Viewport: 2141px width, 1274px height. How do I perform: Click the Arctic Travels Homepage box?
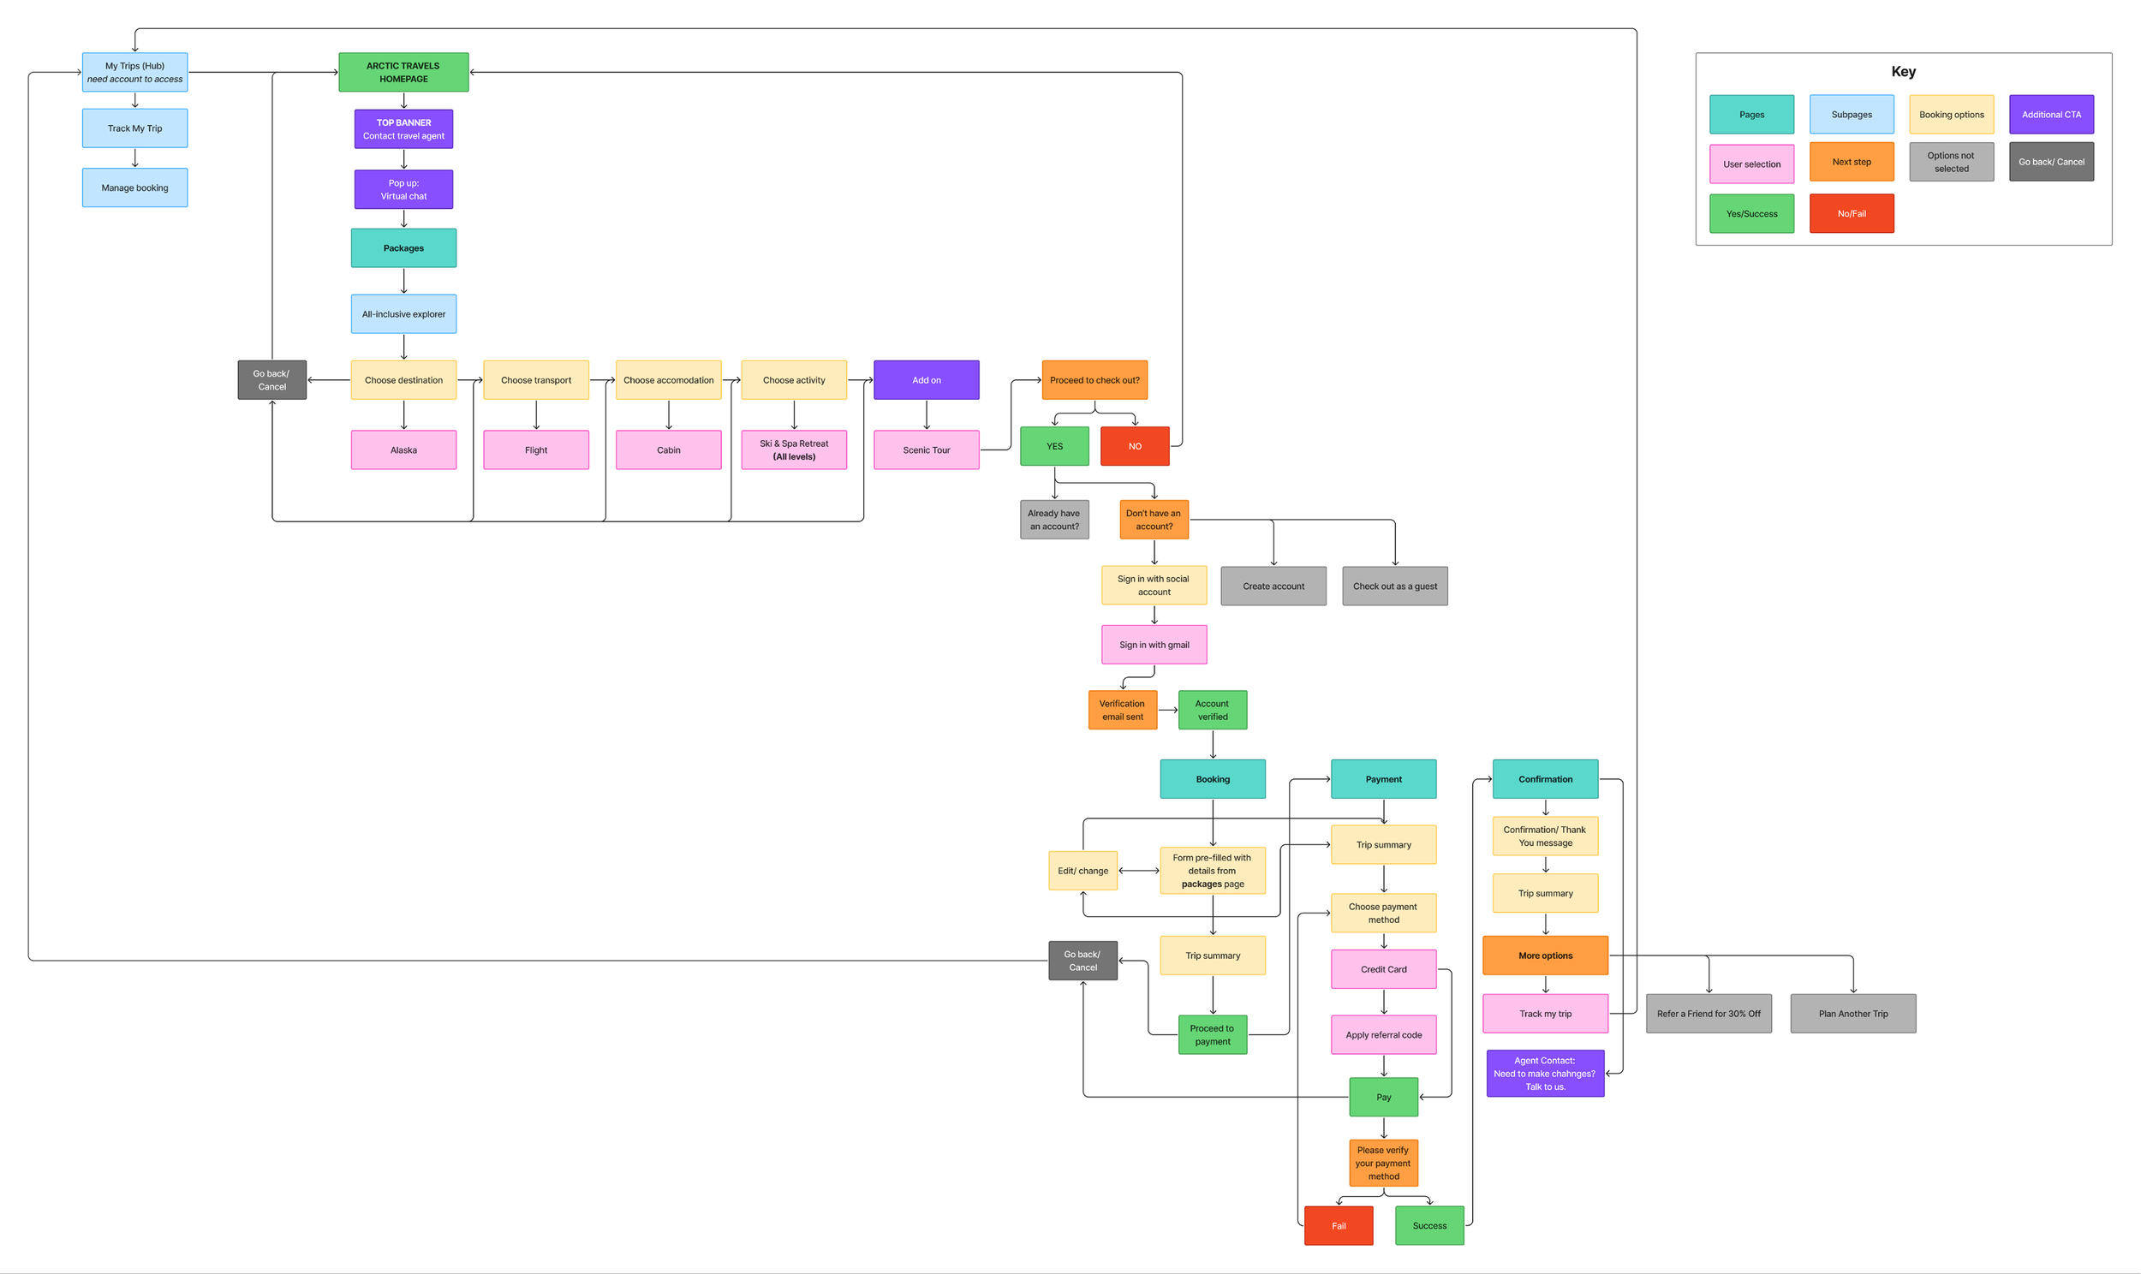[x=403, y=72]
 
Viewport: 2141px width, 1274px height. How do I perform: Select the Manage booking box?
[x=134, y=188]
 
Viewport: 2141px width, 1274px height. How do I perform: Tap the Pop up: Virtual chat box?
[x=403, y=189]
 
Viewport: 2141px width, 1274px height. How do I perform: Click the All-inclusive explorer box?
[x=403, y=314]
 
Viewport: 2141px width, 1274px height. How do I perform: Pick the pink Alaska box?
[x=403, y=449]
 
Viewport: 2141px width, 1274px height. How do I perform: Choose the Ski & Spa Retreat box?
[x=793, y=449]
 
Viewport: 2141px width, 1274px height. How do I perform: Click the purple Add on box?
[x=927, y=379]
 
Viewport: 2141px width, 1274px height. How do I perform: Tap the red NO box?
[x=1135, y=446]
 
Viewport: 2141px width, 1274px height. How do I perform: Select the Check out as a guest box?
[x=1394, y=586]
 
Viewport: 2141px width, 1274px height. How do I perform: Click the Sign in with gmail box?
[x=1154, y=645]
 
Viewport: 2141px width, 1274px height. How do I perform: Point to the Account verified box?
[x=1212, y=710]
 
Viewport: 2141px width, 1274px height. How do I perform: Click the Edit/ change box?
[x=1082, y=871]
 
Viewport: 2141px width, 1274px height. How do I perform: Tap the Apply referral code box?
[x=1383, y=1034]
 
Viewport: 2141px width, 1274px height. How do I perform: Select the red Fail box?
[x=1339, y=1225]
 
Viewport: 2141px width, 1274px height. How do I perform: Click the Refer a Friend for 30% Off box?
[x=1709, y=1013]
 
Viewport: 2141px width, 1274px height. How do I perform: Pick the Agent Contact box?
[x=1544, y=1073]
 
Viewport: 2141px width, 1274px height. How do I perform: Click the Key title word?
[x=1903, y=71]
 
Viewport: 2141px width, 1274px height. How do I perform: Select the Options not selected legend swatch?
[x=1951, y=163]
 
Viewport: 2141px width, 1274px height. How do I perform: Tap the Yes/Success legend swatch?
[x=1751, y=214]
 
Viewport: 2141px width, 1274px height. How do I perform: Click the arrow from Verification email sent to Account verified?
[x=1167, y=710]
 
